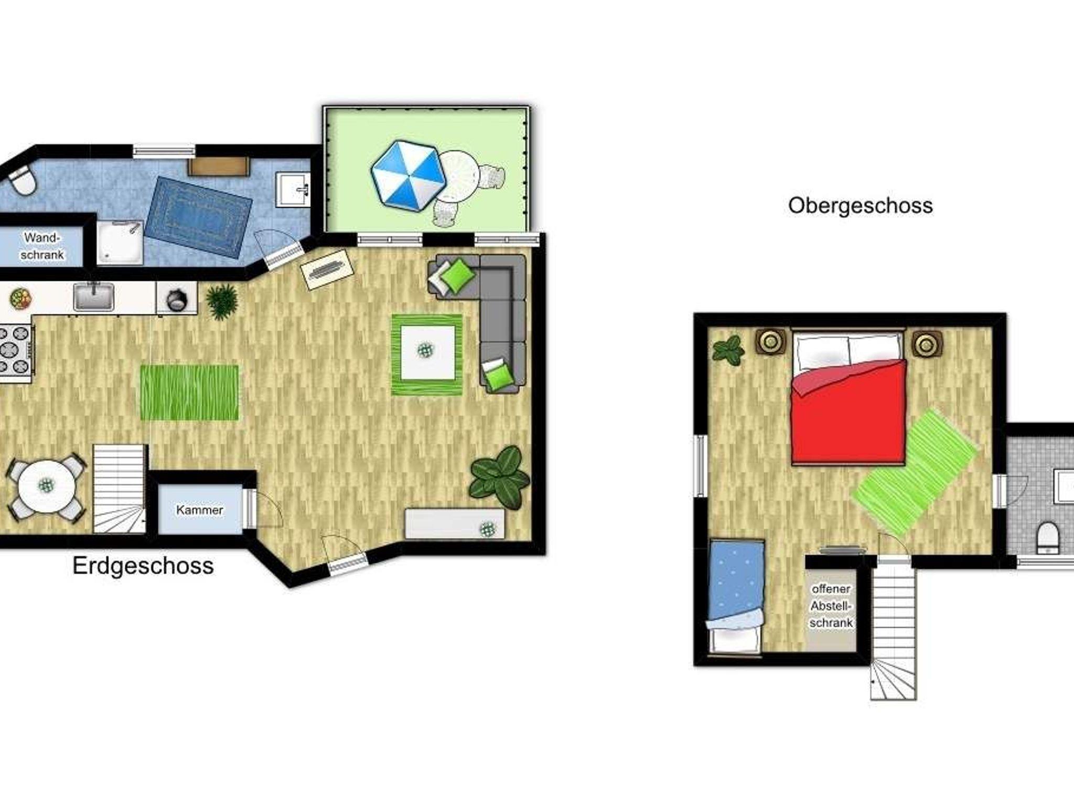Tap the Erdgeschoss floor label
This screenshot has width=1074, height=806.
click(x=143, y=566)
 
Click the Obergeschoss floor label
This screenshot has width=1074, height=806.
click(x=860, y=205)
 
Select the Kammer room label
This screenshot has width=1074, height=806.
click(x=199, y=510)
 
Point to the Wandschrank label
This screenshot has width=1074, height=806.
click(x=42, y=246)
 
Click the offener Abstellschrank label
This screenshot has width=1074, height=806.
click(x=831, y=606)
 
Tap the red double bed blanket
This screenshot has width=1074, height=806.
click(x=849, y=412)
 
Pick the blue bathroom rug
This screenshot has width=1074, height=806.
click(x=198, y=217)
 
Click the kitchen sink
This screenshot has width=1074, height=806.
click(x=93, y=297)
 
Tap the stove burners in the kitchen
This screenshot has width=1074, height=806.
click(x=14, y=350)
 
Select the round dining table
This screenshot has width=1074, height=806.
click(x=47, y=486)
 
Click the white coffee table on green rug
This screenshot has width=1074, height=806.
click(x=427, y=352)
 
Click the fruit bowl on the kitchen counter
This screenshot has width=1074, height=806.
click(x=20, y=299)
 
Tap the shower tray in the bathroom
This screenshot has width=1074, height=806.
click(x=120, y=242)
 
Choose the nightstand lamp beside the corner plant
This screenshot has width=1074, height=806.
click(x=770, y=342)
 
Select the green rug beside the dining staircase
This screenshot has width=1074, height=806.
click(x=189, y=393)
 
